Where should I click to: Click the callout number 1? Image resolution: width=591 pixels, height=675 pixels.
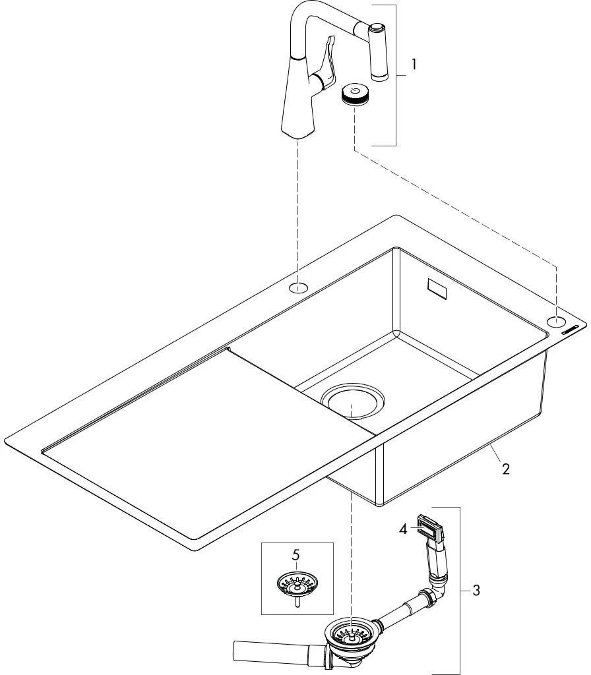coord(413,65)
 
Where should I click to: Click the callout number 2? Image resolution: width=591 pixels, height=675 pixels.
coord(505,469)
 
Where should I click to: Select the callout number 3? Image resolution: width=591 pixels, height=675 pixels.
coord(476,590)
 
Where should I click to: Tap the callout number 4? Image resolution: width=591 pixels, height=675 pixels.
coord(403,527)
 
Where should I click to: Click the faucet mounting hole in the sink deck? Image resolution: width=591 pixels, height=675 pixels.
coord(298,287)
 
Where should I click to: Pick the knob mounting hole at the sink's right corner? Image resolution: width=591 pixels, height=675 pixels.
coord(556,322)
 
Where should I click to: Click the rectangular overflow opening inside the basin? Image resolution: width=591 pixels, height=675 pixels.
coord(437,289)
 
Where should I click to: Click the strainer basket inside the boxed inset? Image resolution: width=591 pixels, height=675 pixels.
coord(296,583)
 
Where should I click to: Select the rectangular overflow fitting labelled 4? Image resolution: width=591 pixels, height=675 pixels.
coord(428,527)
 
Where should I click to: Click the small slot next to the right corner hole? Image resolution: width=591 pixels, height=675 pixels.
coord(573,331)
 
